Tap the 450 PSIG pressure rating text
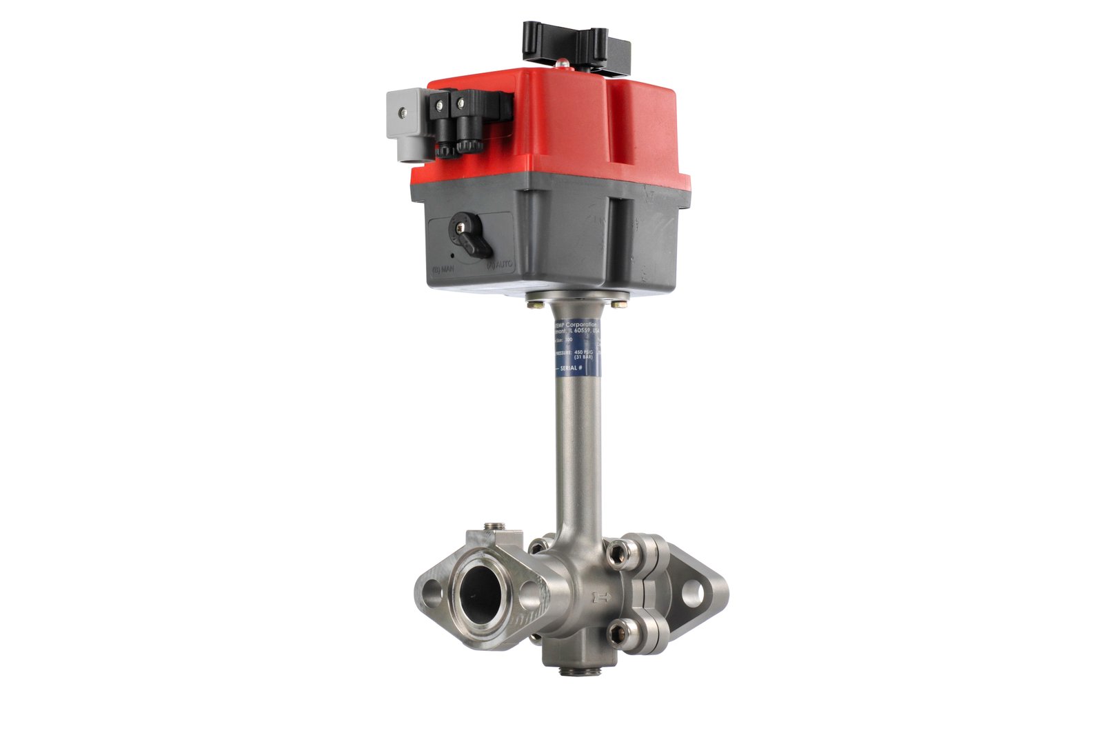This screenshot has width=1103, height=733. click(583, 352)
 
